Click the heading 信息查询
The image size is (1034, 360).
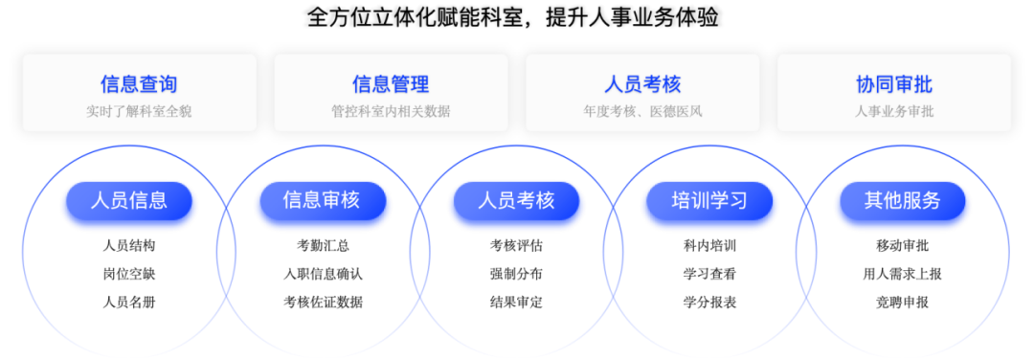(139, 84)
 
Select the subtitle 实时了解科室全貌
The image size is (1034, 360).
(139, 111)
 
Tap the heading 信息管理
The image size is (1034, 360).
(391, 84)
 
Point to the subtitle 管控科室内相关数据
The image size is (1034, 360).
(391, 111)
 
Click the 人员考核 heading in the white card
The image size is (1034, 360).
(642, 84)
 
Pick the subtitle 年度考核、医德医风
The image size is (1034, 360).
(642, 111)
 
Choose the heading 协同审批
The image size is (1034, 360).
(894, 84)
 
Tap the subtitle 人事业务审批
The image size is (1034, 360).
(894, 111)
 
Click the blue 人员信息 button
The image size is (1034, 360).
(129, 201)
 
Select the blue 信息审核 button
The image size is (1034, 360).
(322, 201)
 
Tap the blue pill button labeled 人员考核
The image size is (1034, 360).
(516, 201)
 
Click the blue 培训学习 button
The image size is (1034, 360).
(709, 201)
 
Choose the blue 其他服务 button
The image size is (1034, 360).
(903, 201)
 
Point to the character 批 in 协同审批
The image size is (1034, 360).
(923, 84)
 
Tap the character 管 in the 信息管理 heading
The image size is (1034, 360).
(400, 84)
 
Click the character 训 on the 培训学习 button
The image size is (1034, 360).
(700, 201)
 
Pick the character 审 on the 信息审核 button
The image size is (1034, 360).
(331, 201)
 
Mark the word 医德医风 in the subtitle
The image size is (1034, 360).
(676, 111)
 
